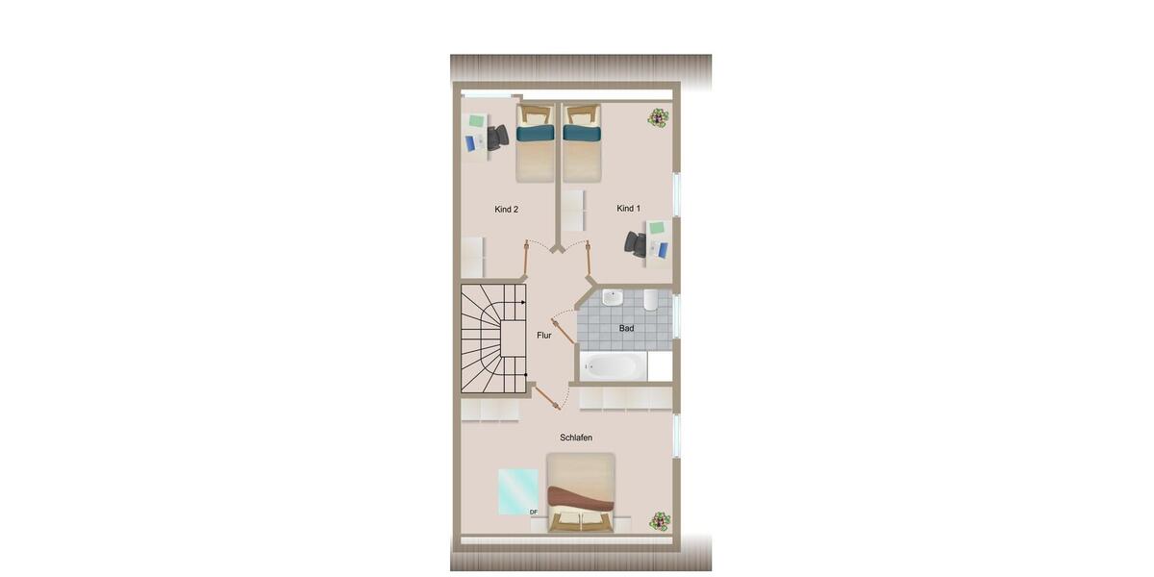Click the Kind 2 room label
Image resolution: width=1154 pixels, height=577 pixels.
tap(507, 210)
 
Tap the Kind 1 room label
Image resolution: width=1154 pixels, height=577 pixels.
tap(628, 209)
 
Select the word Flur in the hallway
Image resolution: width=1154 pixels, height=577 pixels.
tap(544, 336)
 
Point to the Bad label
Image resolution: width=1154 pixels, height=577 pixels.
tap(626, 329)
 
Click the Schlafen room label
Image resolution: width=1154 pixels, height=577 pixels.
tap(576, 438)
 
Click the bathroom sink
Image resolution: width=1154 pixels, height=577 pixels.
tap(613, 299)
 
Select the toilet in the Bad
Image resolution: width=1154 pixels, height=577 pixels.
tap(651, 300)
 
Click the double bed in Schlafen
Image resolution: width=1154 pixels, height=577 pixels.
tap(581, 492)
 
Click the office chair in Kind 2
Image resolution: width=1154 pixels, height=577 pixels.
tap(496, 138)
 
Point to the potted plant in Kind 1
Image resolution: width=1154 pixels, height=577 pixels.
tap(659, 118)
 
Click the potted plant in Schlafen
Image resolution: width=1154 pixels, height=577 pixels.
tap(660, 521)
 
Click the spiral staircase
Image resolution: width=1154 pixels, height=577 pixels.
tap(493, 338)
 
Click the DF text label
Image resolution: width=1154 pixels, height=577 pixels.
tap(534, 513)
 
